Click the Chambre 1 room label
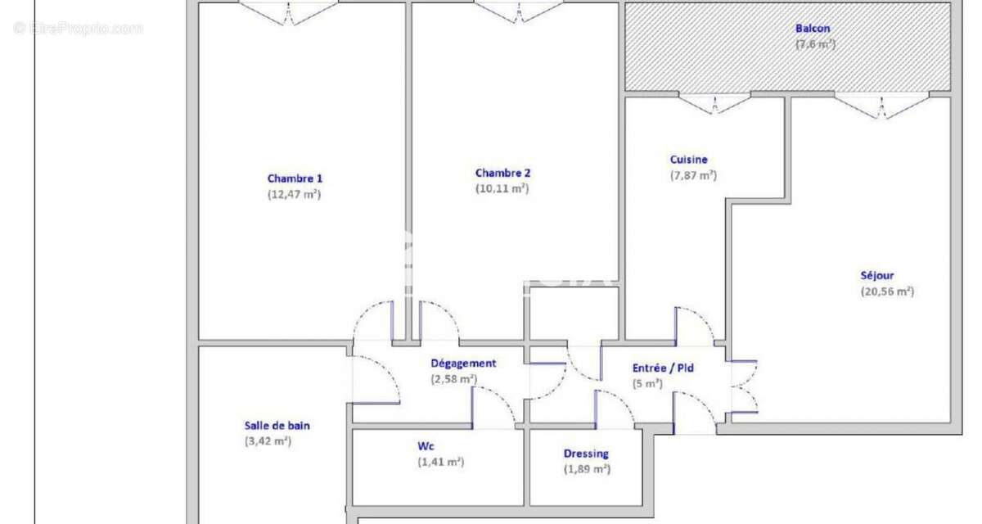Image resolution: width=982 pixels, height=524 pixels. [295, 178]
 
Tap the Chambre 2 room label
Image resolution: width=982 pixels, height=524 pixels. [502, 173]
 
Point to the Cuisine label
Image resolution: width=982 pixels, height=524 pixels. [688, 160]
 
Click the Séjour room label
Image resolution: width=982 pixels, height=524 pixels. [876, 276]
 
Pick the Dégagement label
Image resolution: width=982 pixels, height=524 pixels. [463, 363]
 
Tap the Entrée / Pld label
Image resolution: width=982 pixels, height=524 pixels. [663, 368]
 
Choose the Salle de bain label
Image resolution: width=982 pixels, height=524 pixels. [277, 425]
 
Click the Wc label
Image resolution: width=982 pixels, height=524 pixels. [426, 446]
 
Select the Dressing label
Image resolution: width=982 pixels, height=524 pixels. [586, 454]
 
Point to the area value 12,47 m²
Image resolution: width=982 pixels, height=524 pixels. [294, 194]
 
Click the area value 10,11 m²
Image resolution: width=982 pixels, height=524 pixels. [502, 188]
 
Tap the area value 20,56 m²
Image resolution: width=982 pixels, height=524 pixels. [886, 291]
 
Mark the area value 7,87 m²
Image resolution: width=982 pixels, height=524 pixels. [693, 174]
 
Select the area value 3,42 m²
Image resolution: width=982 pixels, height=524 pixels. [268, 440]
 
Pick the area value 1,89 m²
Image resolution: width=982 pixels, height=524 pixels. [587, 469]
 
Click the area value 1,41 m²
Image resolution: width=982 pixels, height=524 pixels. [440, 462]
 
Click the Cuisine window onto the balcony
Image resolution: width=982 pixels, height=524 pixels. [715, 104]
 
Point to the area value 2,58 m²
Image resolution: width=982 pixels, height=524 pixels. [453, 378]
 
